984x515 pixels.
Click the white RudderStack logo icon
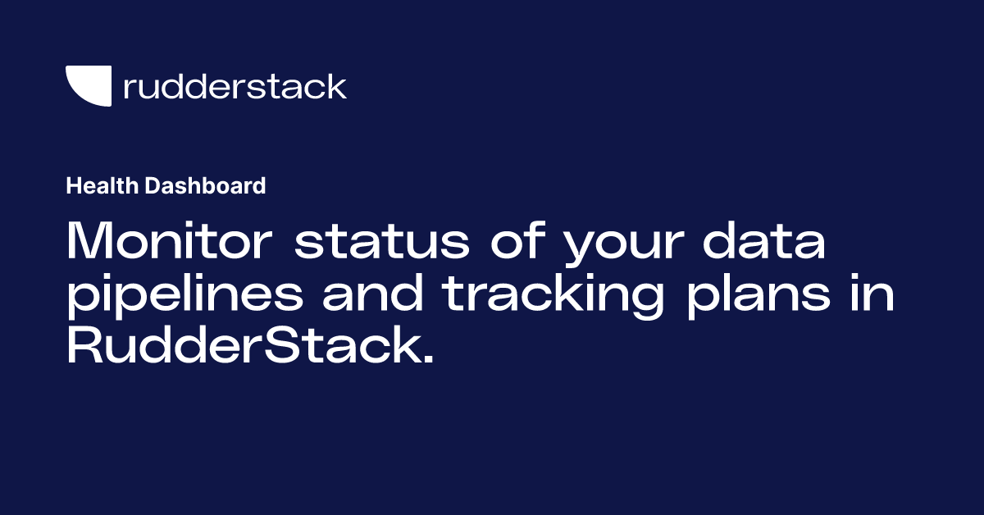88,85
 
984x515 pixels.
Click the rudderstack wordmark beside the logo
235,85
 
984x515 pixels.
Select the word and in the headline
374,294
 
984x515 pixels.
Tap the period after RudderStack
426,360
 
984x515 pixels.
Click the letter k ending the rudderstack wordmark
337,85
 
